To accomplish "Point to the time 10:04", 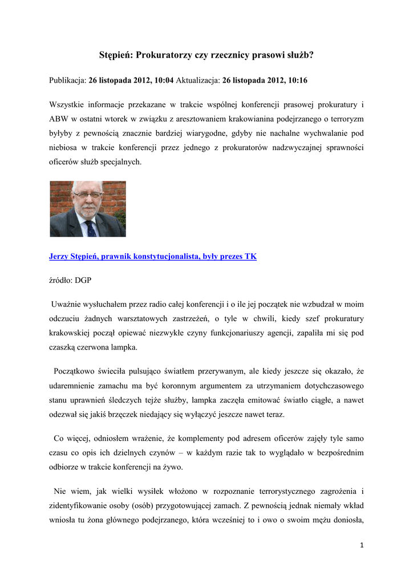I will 164,81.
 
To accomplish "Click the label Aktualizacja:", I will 198,81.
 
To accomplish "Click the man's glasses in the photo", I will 88,196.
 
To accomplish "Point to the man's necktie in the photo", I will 90,228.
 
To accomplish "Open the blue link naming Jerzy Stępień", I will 152,257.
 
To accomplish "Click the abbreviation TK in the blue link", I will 250,257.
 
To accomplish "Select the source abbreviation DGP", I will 82,281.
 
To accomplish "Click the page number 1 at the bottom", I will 361,545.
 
